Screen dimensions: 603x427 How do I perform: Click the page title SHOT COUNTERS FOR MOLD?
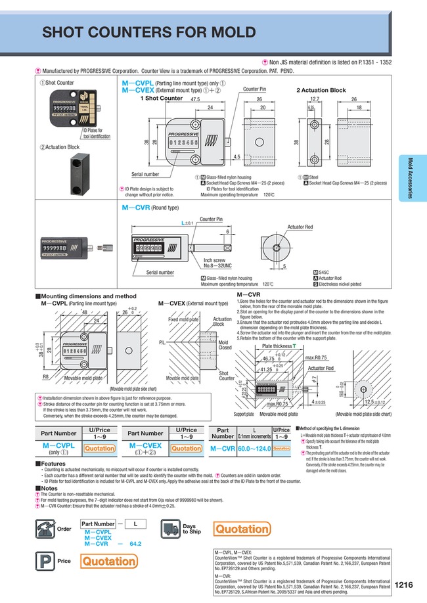tap(141, 33)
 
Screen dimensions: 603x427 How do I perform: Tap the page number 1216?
tap(405, 584)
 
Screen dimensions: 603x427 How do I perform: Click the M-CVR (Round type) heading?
tap(148, 207)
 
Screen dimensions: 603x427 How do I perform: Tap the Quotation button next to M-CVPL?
tap(101, 449)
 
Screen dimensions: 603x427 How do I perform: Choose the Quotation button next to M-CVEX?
tap(186, 449)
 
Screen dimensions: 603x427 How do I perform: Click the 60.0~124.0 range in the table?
tap(254, 449)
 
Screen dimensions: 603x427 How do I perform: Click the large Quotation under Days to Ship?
tap(242, 529)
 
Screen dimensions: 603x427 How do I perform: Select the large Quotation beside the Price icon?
tap(109, 561)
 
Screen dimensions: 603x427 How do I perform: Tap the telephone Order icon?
tap(45, 529)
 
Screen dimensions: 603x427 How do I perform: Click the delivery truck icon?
tap(170, 529)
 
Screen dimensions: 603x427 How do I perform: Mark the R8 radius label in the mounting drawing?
tap(46, 378)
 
